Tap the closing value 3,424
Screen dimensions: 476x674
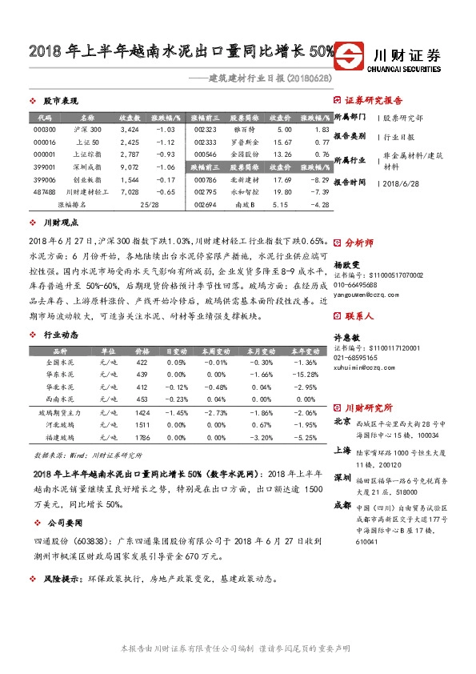point(130,129)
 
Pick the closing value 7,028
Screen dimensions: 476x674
point(130,193)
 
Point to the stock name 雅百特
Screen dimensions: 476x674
point(245,129)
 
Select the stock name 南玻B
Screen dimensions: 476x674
point(245,206)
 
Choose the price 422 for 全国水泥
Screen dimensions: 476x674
point(142,363)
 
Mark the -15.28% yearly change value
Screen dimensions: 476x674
point(306,375)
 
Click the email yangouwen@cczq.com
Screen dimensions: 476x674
point(366,294)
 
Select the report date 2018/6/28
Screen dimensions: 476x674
point(402,183)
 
